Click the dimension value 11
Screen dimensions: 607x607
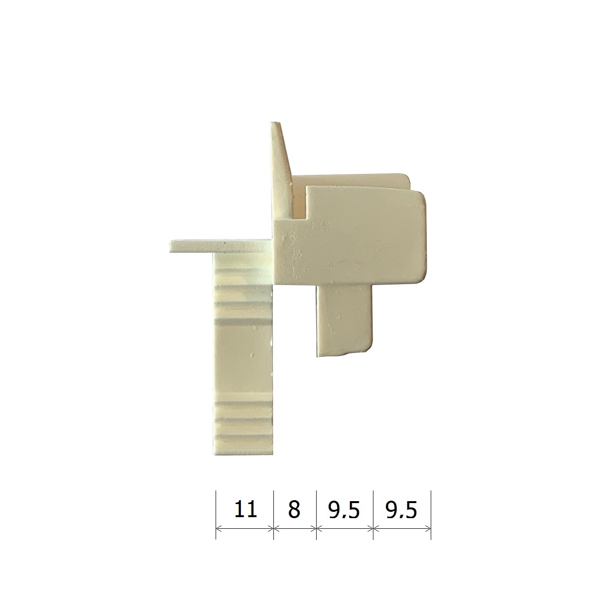[x=245, y=509]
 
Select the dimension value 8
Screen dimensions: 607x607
[x=294, y=509]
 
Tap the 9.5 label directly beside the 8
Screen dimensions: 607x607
[x=344, y=510]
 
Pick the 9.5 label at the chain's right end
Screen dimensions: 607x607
[x=401, y=510]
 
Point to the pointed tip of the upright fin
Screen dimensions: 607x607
[x=275, y=122]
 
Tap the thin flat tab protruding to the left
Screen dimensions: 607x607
[x=220, y=246]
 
